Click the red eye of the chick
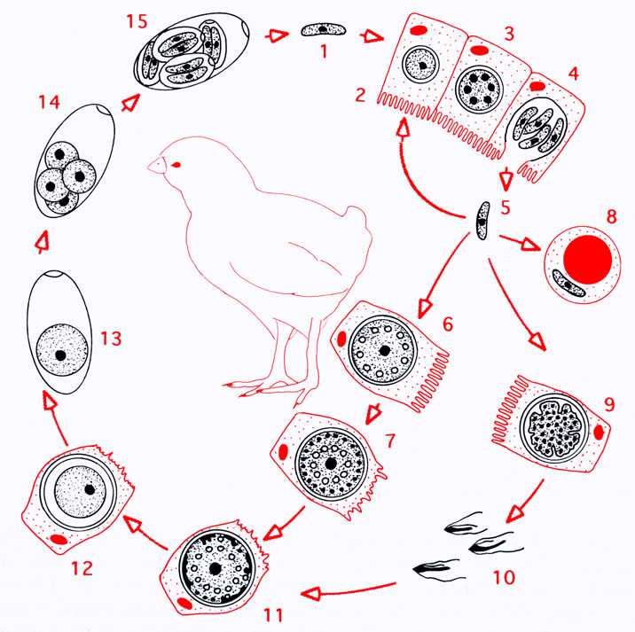176,164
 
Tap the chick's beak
156,166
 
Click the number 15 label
137,21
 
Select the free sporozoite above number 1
323,29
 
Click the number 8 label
612,216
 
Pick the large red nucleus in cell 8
588,259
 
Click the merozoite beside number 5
482,220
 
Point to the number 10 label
505,577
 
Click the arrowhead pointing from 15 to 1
279,35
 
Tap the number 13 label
111,339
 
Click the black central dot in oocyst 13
60,355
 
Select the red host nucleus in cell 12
59,540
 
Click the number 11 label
273,615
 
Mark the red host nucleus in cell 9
599,433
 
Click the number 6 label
448,324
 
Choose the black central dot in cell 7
331,464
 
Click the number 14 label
49,102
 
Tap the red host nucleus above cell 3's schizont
479,50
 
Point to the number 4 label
574,74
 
